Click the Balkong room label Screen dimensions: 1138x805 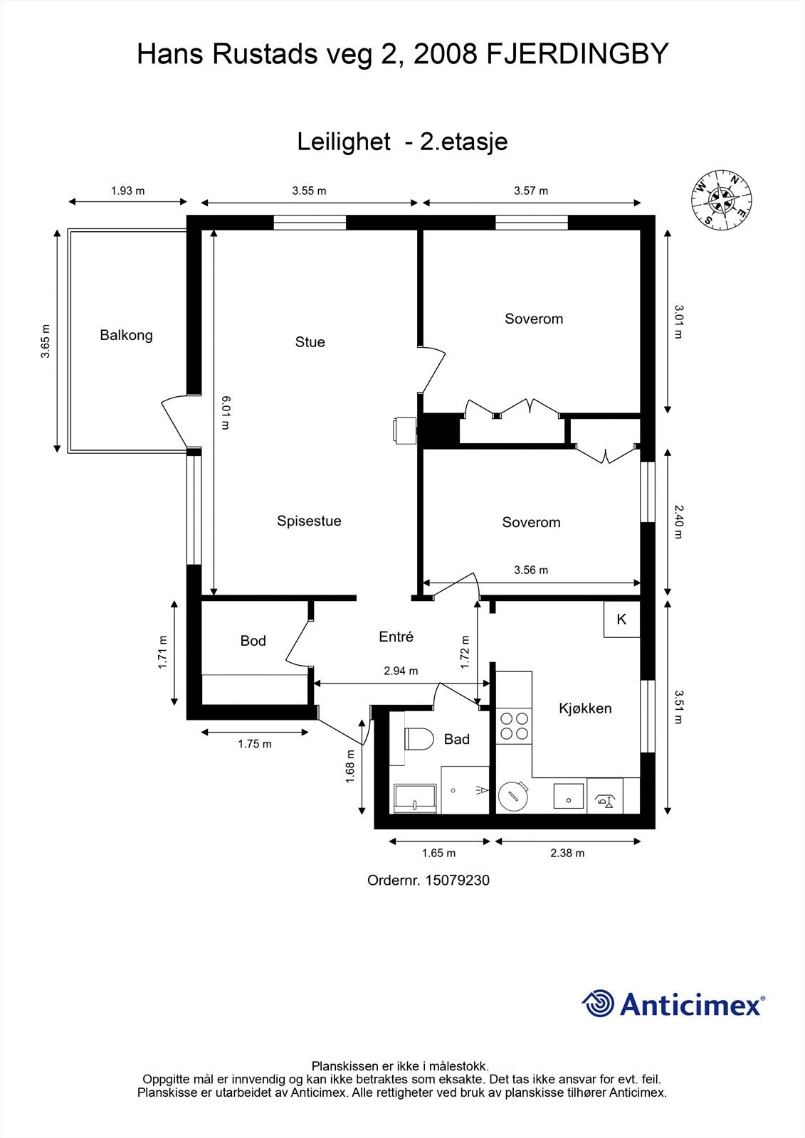coord(126,335)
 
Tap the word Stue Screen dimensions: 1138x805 coord(310,342)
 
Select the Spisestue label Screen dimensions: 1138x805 coord(309,521)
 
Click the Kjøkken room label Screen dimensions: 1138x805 coord(585,708)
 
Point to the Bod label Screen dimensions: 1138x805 coord(253,641)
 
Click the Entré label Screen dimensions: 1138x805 coord(396,637)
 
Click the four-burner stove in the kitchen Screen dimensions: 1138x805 coord(514,725)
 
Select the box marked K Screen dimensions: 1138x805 coord(621,619)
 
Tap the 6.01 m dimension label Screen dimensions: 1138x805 coord(226,413)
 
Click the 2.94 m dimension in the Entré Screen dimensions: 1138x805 coord(401,671)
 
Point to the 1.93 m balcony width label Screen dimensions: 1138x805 coord(127,191)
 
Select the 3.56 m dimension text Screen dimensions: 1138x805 coord(531,570)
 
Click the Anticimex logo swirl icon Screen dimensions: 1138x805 coord(598,1004)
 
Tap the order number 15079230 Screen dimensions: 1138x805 coord(458,880)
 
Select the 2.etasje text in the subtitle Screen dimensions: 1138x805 coord(463,142)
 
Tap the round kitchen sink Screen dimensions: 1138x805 coord(512,797)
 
